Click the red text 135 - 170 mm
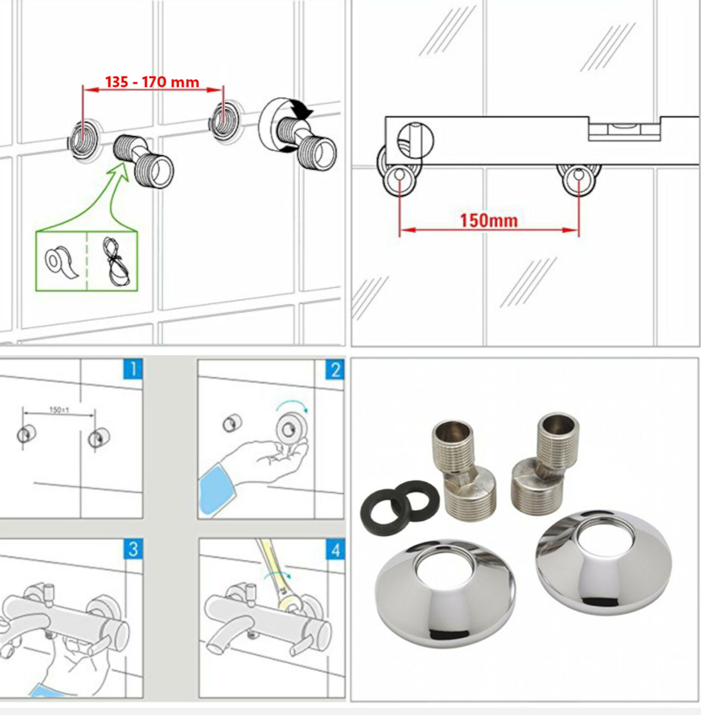click(x=152, y=82)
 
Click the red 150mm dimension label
click(x=489, y=221)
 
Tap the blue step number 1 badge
click(x=133, y=369)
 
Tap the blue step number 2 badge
click(x=335, y=370)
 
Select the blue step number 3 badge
click(x=133, y=549)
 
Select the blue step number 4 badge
click(x=336, y=550)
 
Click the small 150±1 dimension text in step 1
click(x=59, y=409)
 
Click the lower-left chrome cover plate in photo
click(x=445, y=593)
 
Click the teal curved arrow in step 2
click(x=292, y=404)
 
